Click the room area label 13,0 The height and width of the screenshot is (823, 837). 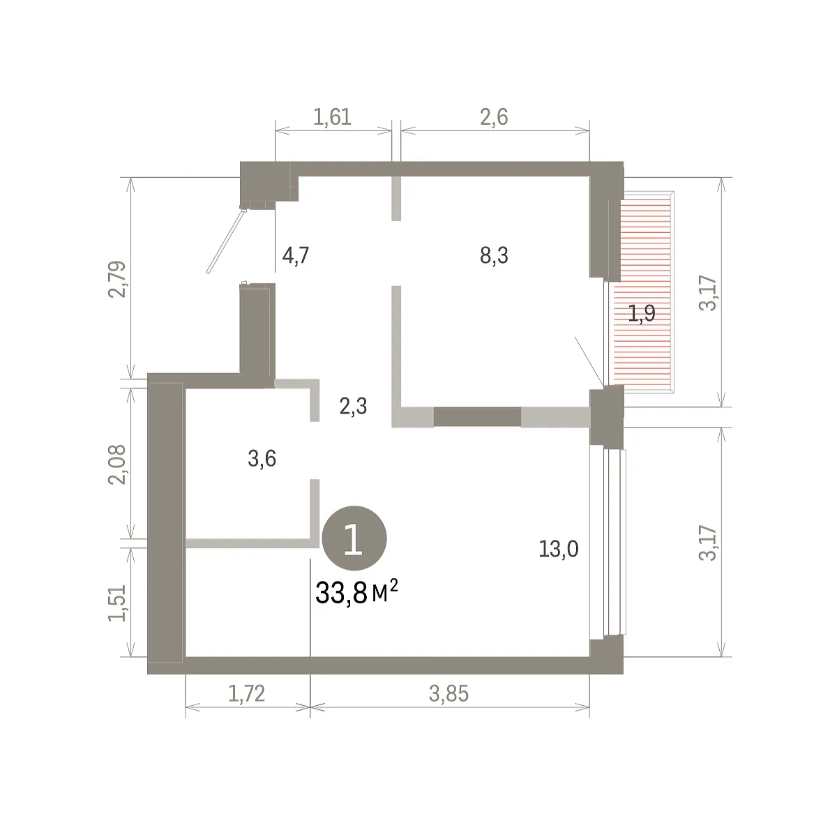coord(558,549)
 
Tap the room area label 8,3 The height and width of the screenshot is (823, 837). coord(494,255)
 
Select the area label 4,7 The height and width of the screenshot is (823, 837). coord(296,255)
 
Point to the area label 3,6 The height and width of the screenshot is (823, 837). coord(262,458)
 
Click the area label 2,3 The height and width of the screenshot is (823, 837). coord(353,407)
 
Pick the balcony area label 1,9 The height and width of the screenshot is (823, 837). coord(642,313)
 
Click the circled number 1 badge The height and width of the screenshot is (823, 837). coord(354,538)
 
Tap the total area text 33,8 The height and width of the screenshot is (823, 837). coord(341,594)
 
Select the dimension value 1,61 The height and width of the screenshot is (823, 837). coord(332,117)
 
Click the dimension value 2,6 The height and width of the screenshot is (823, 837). coord(494,117)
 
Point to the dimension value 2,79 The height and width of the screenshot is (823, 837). coord(117,279)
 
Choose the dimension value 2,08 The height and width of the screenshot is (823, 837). coord(117,465)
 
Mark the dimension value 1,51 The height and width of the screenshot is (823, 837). coord(117,603)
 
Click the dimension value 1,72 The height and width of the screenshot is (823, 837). coord(246,694)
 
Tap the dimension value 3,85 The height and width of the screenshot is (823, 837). coord(448,694)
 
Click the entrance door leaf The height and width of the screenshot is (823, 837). coord(226,241)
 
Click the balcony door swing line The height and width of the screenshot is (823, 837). coord(589,361)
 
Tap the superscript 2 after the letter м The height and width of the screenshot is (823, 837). coord(393,587)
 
